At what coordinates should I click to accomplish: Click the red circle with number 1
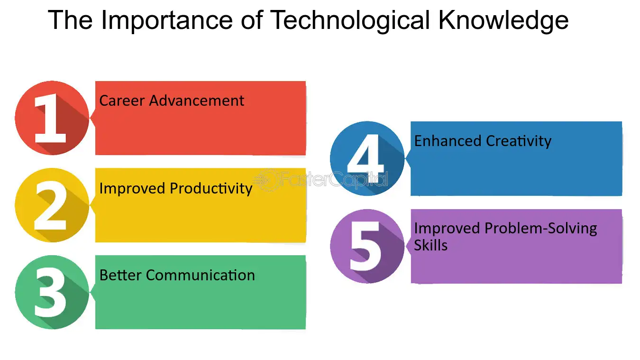point(52,118)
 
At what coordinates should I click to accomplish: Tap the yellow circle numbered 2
point(52,205)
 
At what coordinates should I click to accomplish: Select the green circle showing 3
point(52,292)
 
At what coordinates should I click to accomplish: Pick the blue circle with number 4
point(367,158)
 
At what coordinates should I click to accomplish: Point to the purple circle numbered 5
point(367,246)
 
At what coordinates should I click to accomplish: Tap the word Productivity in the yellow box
point(211,188)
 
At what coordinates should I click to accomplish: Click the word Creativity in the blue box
point(520,141)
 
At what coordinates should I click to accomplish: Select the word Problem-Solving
point(540,228)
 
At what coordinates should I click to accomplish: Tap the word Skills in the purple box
point(430,245)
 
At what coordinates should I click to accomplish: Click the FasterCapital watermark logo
point(320,180)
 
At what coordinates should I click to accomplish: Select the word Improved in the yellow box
point(133,188)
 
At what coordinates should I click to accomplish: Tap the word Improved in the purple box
point(448,228)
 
